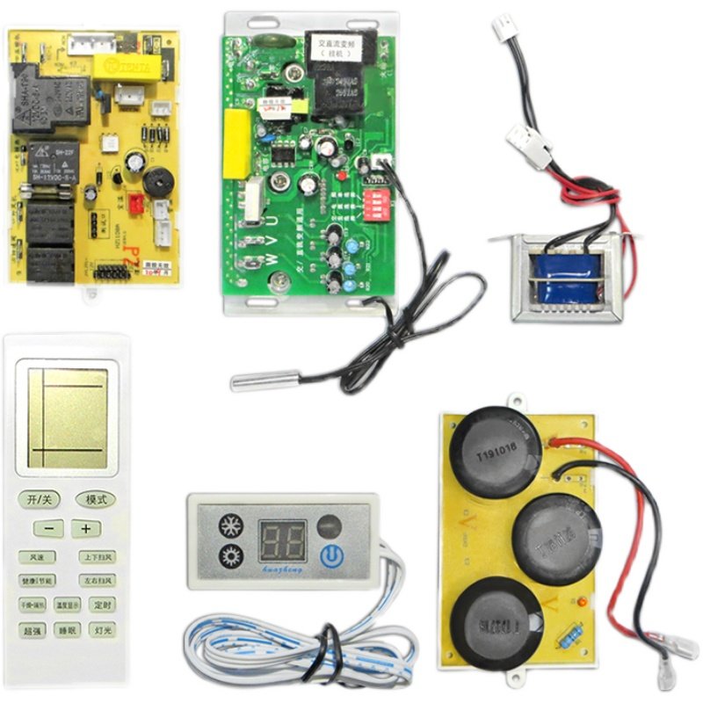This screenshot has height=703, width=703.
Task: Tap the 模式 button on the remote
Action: [x=96, y=499]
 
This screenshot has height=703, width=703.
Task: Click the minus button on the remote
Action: [x=49, y=529]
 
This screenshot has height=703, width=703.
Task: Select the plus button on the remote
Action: [x=85, y=529]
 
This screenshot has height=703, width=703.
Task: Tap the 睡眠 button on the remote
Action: [x=68, y=630]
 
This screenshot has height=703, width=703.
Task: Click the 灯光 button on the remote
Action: [x=103, y=630]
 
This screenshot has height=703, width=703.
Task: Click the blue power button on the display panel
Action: [x=330, y=554]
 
